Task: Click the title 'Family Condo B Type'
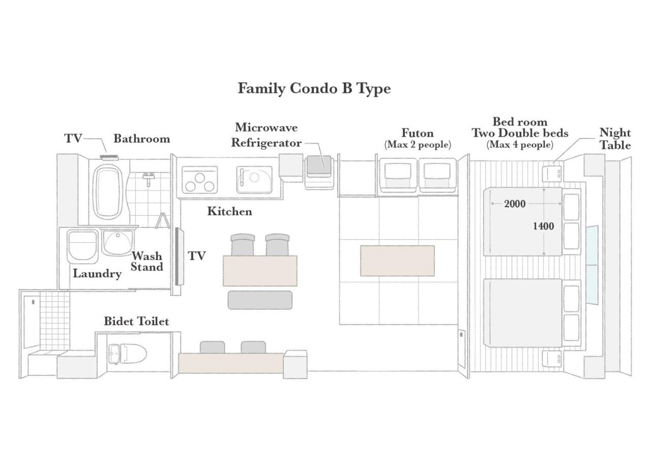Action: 314,89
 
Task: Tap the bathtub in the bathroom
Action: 107,192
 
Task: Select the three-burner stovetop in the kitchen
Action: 200,180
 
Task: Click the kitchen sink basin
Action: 254,180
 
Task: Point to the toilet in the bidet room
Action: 128,354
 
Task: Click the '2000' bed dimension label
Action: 515,204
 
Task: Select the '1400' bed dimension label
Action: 543,226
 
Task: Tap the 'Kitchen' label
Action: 229,211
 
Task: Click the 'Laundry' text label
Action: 97,274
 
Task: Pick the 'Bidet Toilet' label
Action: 136,321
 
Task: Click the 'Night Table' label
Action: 615,139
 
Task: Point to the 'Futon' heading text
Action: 418,133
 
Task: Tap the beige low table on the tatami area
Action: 397,261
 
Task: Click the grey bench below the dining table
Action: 260,300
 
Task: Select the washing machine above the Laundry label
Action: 82,247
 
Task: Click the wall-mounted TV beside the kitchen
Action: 179,256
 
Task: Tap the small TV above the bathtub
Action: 109,157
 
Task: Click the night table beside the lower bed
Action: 552,359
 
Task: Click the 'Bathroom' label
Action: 142,139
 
